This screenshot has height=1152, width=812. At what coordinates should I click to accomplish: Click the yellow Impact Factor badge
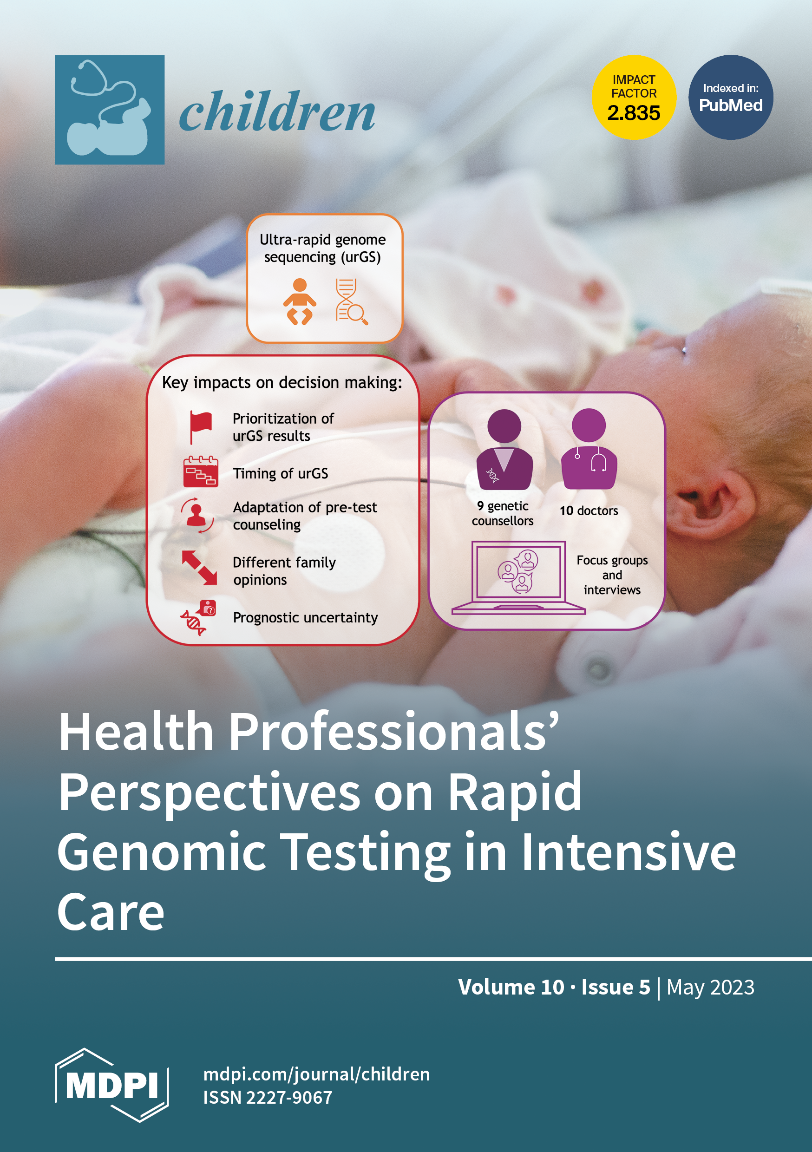pos(633,98)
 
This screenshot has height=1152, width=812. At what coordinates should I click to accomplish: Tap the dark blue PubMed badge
pos(731,98)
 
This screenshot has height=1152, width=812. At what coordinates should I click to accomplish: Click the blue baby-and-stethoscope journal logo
pos(110,110)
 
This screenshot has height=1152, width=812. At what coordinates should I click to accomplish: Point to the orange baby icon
pos(300,301)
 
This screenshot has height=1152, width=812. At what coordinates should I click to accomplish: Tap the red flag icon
pos(200,427)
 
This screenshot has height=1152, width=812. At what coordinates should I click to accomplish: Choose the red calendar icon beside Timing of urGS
pos(200,471)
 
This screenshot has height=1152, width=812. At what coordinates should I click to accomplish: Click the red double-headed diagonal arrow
pos(199,568)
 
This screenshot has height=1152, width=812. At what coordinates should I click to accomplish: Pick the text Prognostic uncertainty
pos(305,618)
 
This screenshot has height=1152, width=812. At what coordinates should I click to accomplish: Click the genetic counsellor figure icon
pos(504,450)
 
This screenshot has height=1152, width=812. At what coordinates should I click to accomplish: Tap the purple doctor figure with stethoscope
pos(589,449)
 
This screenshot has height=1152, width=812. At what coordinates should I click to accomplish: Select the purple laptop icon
pos(518,577)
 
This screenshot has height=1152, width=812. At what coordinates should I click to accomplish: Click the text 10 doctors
pos(589,511)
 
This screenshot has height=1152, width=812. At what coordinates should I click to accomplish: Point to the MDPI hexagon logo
pos(112,1085)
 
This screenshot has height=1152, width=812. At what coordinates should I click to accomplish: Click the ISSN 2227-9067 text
pos(268,1097)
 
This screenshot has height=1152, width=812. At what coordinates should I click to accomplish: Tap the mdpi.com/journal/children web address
pos(316,1074)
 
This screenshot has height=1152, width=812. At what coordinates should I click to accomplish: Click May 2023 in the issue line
pos(710,987)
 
